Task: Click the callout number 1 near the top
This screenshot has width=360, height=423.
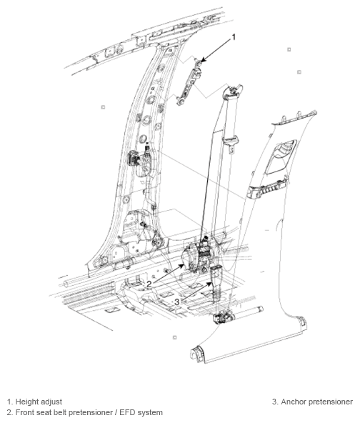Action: (x=232, y=34)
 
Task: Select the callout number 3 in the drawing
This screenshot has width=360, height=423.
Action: (x=176, y=302)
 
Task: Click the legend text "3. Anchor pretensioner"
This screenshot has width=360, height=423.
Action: (x=312, y=402)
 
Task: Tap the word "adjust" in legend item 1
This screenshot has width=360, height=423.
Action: (x=51, y=402)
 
